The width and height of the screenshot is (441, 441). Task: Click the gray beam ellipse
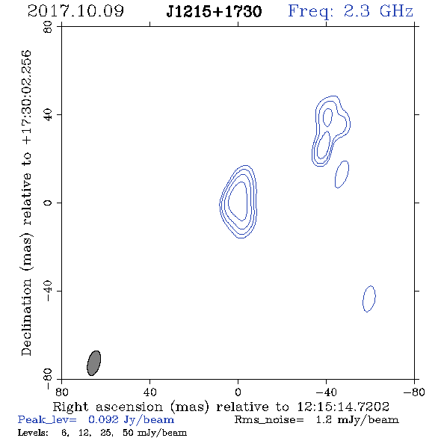pyautogui.click(x=94, y=363)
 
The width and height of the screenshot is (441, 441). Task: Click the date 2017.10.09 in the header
pyautogui.click(x=75, y=11)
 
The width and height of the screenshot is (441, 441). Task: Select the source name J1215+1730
pyautogui.click(x=214, y=12)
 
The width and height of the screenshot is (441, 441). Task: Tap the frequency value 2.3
pyautogui.click(x=357, y=11)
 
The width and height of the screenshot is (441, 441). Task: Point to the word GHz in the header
pyautogui.click(x=396, y=11)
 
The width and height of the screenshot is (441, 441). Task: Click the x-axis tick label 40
pyautogui.click(x=149, y=392)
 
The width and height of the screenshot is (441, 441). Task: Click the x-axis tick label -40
pyautogui.click(x=326, y=392)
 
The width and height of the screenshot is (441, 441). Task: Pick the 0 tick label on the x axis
pyautogui.click(x=238, y=392)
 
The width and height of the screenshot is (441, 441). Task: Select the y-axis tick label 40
pyautogui.click(x=48, y=115)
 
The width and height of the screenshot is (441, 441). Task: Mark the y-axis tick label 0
pyautogui.click(x=48, y=203)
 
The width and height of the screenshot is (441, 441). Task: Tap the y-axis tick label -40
pyautogui.click(x=48, y=291)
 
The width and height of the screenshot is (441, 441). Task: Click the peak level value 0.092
pyautogui.click(x=103, y=419)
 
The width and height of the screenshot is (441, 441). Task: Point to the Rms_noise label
pyautogui.click(x=269, y=420)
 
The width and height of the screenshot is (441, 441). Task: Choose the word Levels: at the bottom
pyautogui.click(x=33, y=433)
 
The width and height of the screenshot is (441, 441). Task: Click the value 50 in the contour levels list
pyautogui.click(x=128, y=433)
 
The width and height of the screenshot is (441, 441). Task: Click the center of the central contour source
pyautogui.click(x=238, y=202)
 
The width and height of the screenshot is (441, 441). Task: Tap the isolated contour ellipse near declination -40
pyautogui.click(x=369, y=299)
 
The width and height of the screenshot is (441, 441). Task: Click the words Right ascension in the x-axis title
pyautogui.click(x=108, y=407)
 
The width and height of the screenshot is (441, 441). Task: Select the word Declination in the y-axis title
pyautogui.click(x=26, y=317)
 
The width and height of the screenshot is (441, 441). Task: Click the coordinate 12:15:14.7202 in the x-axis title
pyautogui.click(x=343, y=407)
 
